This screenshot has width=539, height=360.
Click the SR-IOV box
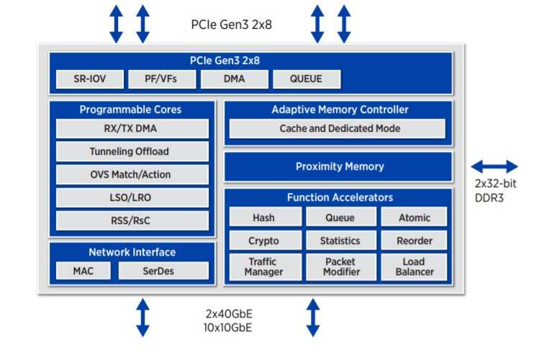click(x=90, y=79)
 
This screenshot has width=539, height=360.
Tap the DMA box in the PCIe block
click(x=234, y=79)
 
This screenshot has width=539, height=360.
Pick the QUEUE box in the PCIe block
click(x=307, y=79)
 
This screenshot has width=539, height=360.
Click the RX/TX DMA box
click(x=132, y=129)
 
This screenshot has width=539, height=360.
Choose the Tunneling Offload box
click(x=132, y=152)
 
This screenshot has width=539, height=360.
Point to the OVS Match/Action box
click(x=132, y=175)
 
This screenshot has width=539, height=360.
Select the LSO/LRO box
click(x=132, y=197)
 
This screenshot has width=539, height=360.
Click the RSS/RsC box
click(x=132, y=220)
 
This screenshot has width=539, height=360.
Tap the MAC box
click(x=83, y=271)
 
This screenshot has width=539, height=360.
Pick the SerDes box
click(x=163, y=271)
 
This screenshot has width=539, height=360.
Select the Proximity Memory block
click(x=339, y=166)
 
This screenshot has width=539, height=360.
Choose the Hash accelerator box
click(x=263, y=217)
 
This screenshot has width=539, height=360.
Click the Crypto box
click(x=263, y=240)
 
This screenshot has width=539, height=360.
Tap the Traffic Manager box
click(x=263, y=267)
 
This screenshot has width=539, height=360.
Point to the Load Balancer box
click(x=414, y=267)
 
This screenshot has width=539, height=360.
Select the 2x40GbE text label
click(x=228, y=315)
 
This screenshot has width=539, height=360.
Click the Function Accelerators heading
click(x=339, y=197)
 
